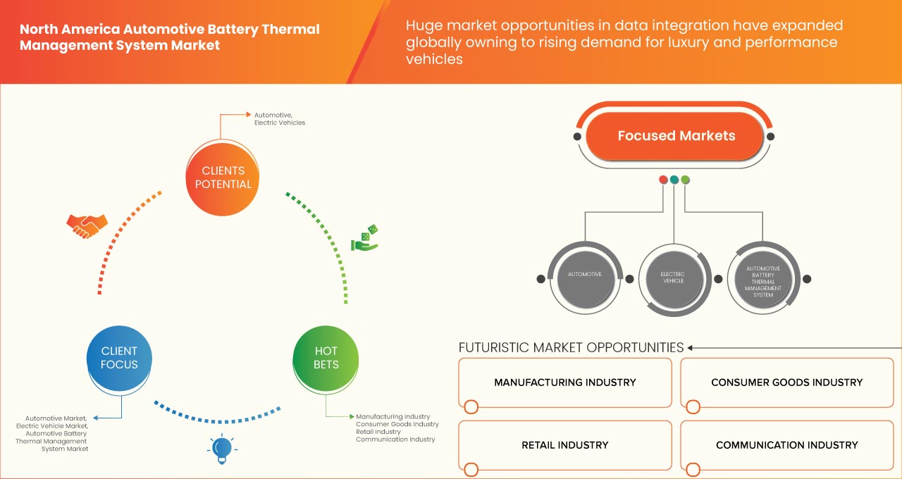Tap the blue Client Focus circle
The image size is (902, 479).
[x=119, y=358]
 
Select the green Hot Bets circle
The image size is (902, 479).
[x=326, y=358]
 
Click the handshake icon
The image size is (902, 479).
[x=87, y=225]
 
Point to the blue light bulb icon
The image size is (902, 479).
[x=222, y=449]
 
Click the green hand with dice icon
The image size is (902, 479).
[x=365, y=240]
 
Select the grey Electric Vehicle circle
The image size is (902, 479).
[x=672, y=278]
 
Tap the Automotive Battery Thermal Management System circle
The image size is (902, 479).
[x=762, y=278]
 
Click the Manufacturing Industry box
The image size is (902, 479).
[x=565, y=382]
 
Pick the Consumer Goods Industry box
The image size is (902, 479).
[x=786, y=382]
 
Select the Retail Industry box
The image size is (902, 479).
[x=565, y=445]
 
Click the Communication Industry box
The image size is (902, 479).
[x=786, y=445]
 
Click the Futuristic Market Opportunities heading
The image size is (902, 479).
[x=571, y=347]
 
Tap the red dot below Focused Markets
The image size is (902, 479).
[x=663, y=180]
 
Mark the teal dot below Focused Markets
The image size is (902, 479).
[x=674, y=180]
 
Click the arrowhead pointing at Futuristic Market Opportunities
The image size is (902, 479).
[x=691, y=347]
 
